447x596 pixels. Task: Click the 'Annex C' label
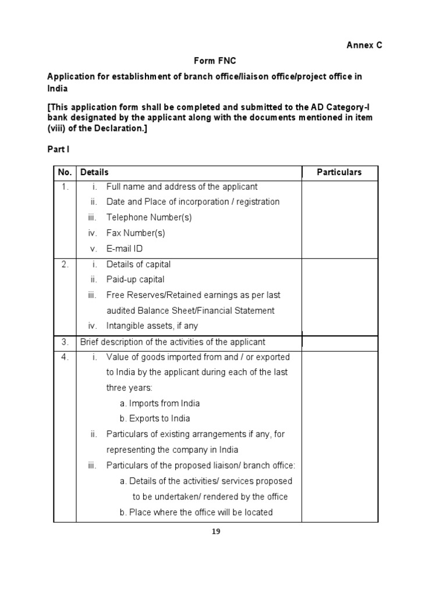(365, 45)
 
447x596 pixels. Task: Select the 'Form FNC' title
(215, 61)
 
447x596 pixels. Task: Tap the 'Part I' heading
(58, 149)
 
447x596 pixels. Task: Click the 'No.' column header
(63, 172)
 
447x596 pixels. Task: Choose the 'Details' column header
(94, 172)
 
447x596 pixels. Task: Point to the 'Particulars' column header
(339, 172)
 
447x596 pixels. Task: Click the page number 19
(216, 531)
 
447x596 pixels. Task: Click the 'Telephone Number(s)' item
(148, 217)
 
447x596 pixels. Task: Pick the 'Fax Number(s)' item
(136, 233)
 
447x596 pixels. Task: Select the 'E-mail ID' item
(125, 249)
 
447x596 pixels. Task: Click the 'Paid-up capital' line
(135, 279)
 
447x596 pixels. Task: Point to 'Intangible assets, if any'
(156, 326)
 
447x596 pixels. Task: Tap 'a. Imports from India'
(159, 403)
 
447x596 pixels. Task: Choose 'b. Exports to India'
(155, 418)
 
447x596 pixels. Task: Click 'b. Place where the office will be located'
(196, 512)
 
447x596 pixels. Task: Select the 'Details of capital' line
(139, 264)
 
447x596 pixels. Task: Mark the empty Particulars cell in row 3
(339, 342)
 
